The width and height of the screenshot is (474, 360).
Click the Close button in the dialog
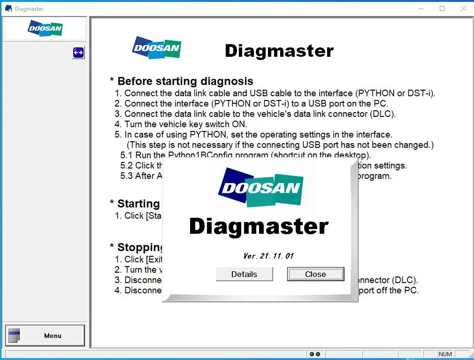[x=315, y=274]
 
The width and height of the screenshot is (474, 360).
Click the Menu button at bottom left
[x=45, y=336]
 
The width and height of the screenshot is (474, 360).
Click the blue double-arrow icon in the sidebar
[x=78, y=53]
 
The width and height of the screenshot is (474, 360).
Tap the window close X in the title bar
[x=464, y=8]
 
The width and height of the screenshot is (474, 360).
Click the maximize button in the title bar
[x=442, y=8]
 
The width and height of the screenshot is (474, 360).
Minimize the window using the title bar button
[x=420, y=8]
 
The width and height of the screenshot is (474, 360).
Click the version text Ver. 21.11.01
[x=268, y=256]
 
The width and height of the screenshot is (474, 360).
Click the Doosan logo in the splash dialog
[x=260, y=188]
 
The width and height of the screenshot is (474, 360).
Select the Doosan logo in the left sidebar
[x=45, y=29]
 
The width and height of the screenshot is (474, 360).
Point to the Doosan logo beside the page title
[x=157, y=48]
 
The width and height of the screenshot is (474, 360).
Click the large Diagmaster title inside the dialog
[x=259, y=227]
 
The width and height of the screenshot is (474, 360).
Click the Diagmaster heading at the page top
[x=279, y=51]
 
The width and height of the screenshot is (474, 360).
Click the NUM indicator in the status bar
[x=445, y=354]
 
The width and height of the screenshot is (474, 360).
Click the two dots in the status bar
[x=315, y=354]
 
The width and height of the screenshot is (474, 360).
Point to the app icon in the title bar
[x=8, y=8]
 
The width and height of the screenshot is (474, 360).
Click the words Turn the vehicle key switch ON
[x=185, y=124]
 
